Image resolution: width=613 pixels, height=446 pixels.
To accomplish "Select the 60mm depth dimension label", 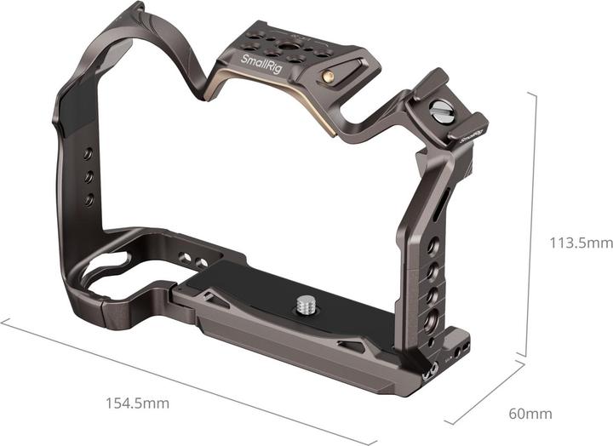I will [530, 415].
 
